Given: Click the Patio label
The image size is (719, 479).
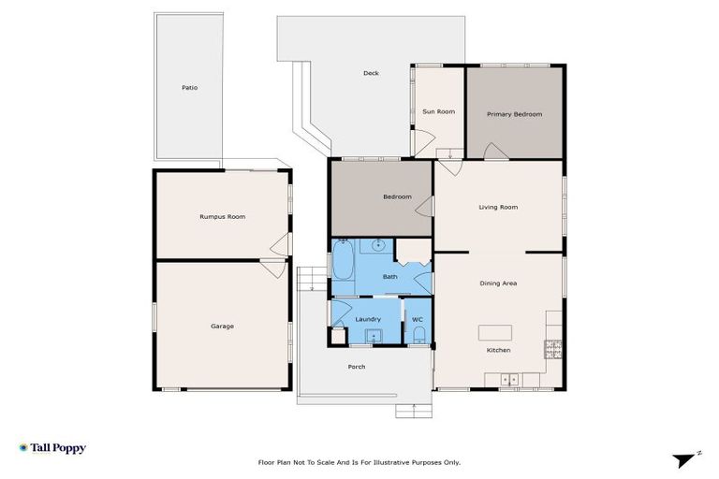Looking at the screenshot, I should (190, 88).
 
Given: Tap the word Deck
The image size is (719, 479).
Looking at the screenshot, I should (371, 73).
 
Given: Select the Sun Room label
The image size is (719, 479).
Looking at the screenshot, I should (438, 112).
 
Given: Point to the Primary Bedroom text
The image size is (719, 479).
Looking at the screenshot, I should (514, 114).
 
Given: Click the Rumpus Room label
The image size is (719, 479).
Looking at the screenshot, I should (222, 217).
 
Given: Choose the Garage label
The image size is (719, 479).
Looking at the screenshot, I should (222, 327).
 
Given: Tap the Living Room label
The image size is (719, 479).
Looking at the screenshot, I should (498, 208).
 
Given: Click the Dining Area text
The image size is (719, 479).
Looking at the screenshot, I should (498, 283).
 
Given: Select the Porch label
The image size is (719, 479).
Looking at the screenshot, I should (357, 367).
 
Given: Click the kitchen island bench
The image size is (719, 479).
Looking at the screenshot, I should (497, 332).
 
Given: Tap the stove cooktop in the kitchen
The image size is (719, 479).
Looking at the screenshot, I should (553, 350).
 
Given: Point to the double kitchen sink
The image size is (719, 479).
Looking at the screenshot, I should (510, 379).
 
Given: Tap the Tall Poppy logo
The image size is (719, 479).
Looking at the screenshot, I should (52, 448).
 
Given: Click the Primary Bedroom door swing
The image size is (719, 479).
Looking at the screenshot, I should (495, 152).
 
